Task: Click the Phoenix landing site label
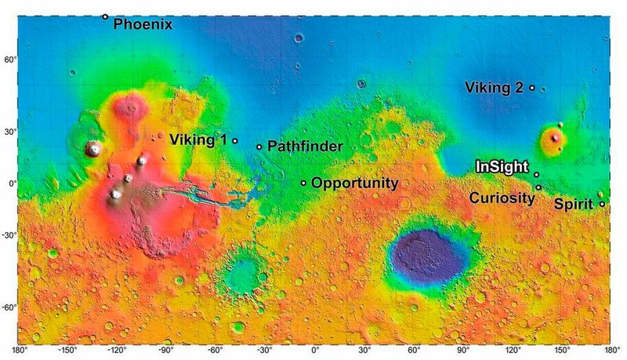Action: [143, 24]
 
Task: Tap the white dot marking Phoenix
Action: [105, 16]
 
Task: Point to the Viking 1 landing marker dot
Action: [235, 141]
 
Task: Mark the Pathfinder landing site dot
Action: [259, 147]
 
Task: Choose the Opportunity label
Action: [355, 184]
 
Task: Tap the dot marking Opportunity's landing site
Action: [304, 183]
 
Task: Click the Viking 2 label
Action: [494, 87]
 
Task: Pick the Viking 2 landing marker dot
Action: [532, 88]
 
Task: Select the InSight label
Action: [502, 167]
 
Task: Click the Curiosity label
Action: [502, 198]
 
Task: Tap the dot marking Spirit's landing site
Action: [602, 204]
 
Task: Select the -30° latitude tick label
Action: [9, 234]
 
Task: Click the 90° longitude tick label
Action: [462, 351]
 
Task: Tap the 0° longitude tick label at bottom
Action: [315, 351]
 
